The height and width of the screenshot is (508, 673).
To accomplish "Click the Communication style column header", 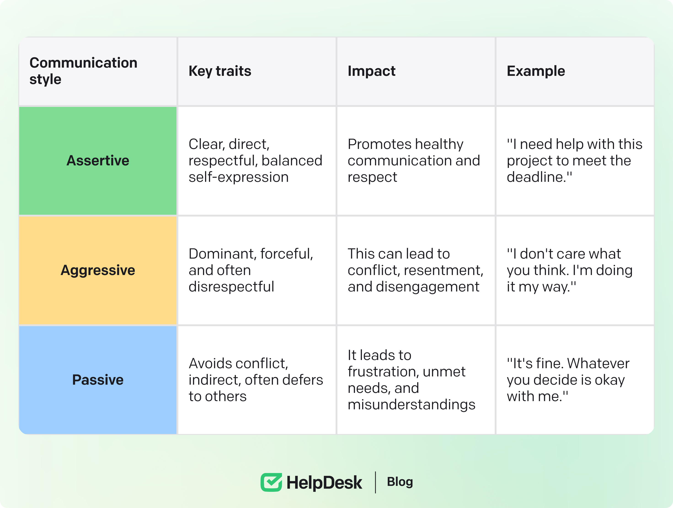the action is pyautogui.click(x=83, y=71).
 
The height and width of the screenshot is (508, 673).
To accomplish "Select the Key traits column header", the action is pyautogui.click(x=220, y=71).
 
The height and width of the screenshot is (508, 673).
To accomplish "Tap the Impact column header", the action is pyautogui.click(x=371, y=71).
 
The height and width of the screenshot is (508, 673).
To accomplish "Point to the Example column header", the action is pyautogui.click(x=536, y=71).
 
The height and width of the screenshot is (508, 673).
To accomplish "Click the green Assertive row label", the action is pyautogui.click(x=98, y=161).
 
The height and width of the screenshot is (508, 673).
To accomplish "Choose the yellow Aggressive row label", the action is pyautogui.click(x=98, y=270).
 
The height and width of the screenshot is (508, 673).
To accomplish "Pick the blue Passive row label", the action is pyautogui.click(x=98, y=380).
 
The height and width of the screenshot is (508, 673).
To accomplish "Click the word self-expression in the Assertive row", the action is pyautogui.click(x=238, y=177).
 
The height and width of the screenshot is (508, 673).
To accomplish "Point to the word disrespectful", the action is pyautogui.click(x=231, y=286).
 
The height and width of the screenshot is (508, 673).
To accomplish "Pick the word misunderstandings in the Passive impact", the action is pyautogui.click(x=411, y=405).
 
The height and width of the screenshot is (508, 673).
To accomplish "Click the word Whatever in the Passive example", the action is pyautogui.click(x=598, y=363).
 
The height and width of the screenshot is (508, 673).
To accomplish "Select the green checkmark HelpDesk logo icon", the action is pyautogui.click(x=271, y=482).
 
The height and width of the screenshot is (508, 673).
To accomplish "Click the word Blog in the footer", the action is pyautogui.click(x=400, y=482).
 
